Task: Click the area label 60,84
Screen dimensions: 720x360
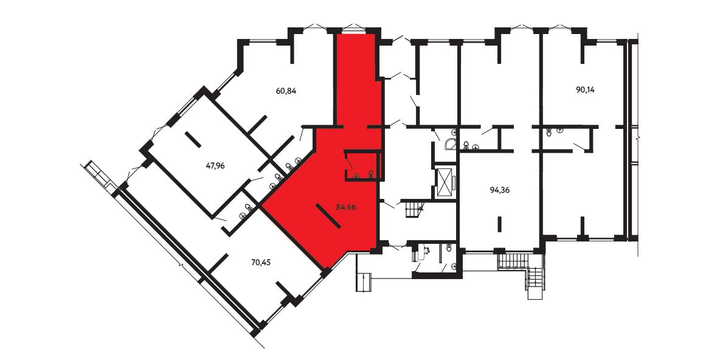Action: coord(286,91)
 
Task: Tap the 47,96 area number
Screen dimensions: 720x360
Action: coord(215,166)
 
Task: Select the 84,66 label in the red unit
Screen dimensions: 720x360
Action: coord(346,207)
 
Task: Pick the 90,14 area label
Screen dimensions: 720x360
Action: coord(585,89)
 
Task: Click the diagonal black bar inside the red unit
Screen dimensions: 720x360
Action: coord(328,216)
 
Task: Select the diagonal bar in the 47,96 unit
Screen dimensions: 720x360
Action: coord(193,140)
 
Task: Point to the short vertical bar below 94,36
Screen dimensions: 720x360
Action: coord(499,224)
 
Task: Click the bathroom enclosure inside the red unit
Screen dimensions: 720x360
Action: coord(363,165)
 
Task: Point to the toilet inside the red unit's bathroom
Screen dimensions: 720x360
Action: coord(370,173)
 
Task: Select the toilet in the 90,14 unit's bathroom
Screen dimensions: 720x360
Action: coord(549,133)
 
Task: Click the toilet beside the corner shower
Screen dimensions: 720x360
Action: coord(466,145)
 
